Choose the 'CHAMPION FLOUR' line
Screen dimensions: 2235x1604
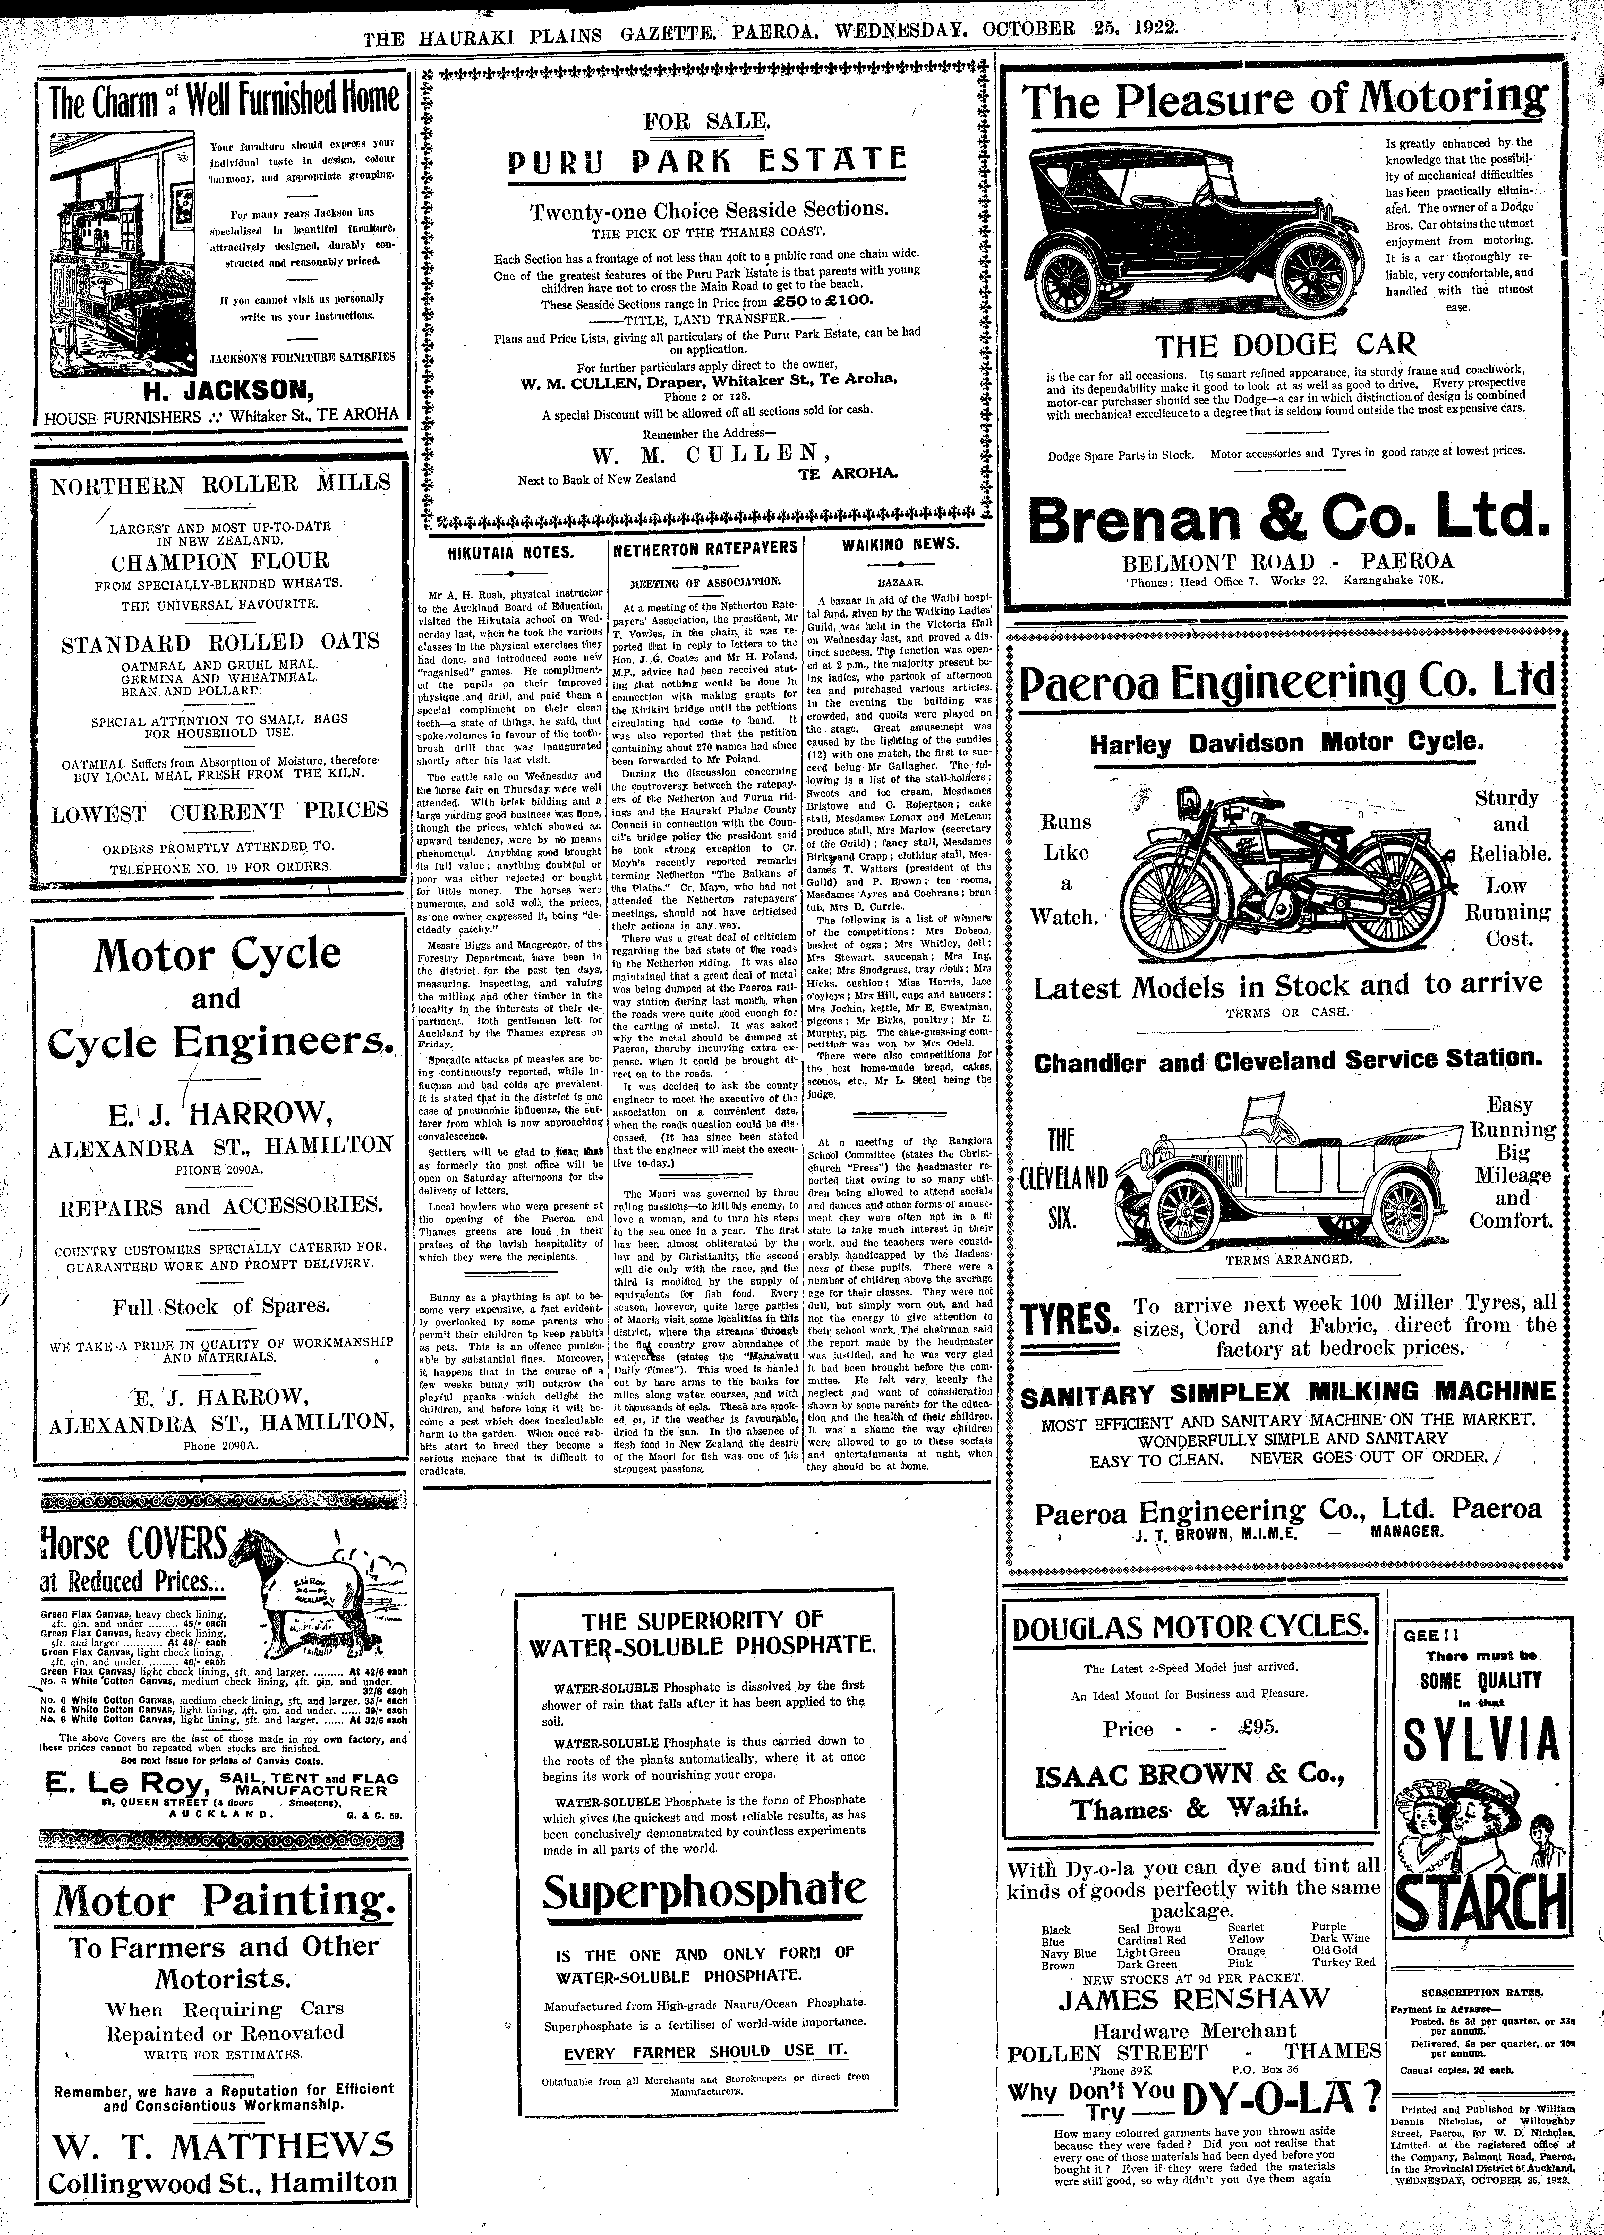coord(219,562)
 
